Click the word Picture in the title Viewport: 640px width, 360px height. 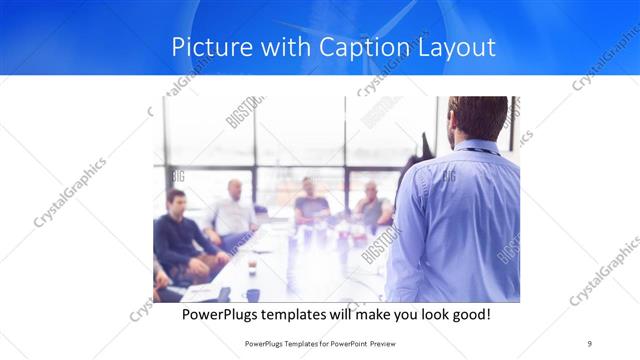[206, 47]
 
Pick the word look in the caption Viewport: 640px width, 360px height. [425, 315]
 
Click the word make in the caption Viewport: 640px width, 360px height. [385, 315]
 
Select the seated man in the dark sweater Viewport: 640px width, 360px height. [177, 236]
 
